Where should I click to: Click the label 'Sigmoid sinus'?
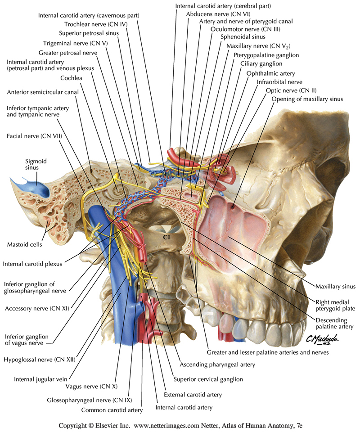click(x=36, y=165)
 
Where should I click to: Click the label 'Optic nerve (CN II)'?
click(x=288, y=90)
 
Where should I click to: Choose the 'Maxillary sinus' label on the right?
click(x=335, y=286)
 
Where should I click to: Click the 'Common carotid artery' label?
click(x=112, y=410)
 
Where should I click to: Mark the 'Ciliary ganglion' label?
click(x=267, y=64)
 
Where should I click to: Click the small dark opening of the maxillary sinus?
click(x=234, y=207)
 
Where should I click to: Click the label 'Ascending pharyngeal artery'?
click(x=217, y=364)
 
